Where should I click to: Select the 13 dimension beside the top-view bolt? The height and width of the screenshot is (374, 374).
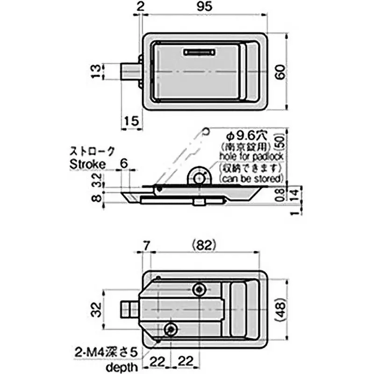[x=95, y=72]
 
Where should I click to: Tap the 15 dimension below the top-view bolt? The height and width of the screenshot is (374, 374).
[x=132, y=121]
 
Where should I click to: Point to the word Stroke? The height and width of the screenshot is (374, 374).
[x=88, y=164]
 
